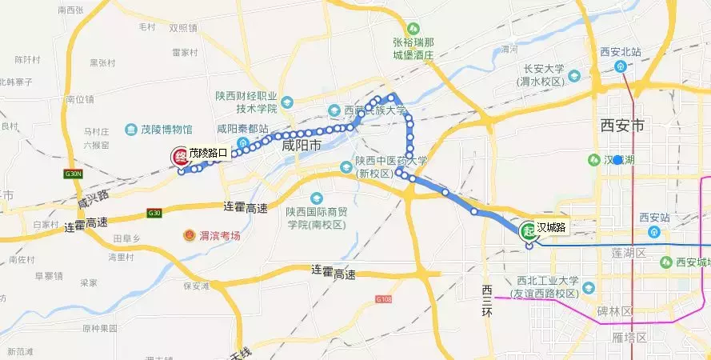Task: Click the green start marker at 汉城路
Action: [x=529, y=231]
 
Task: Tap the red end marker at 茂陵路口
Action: [x=181, y=157]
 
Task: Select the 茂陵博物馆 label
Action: [x=165, y=129]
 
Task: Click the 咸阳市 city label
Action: [x=302, y=146]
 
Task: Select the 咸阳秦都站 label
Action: [x=244, y=128]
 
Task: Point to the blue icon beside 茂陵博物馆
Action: [x=131, y=129]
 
